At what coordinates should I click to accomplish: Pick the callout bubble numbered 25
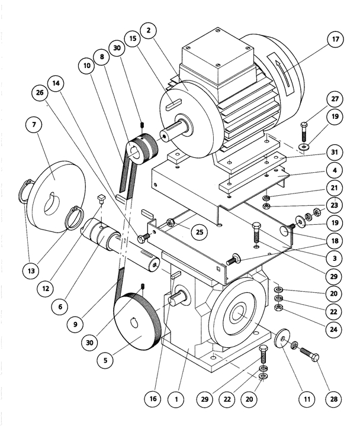pyautogui.click(x=200, y=233)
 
